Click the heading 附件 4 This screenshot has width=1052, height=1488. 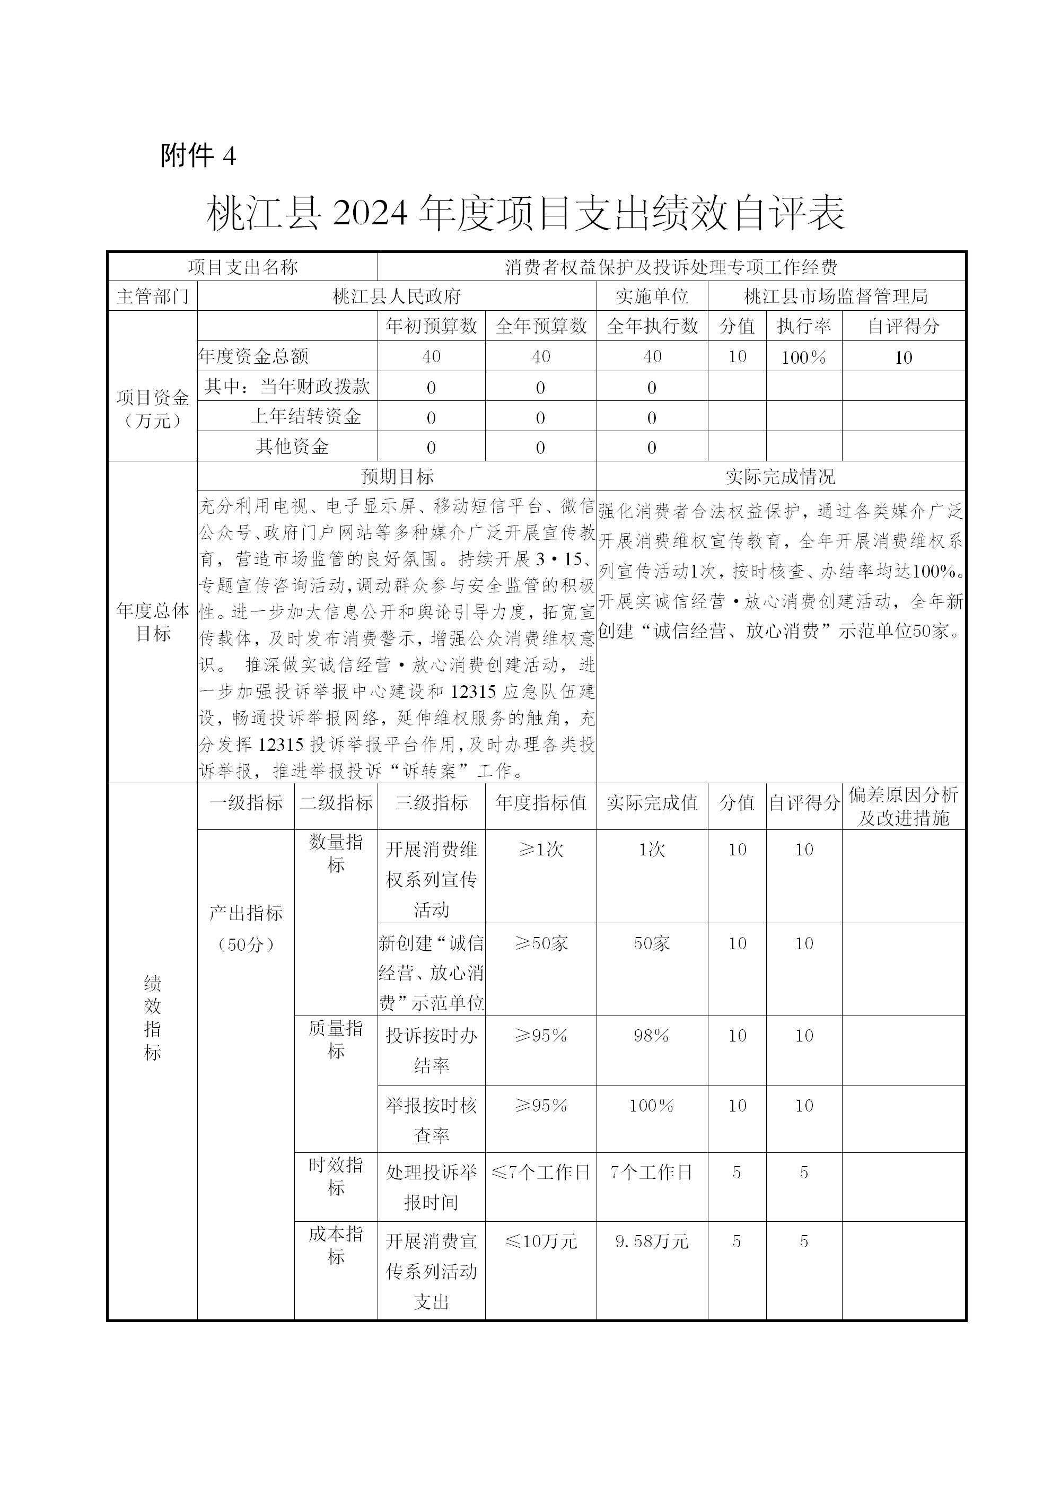point(198,155)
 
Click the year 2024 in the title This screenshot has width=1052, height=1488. point(370,213)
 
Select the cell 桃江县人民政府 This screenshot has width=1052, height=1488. point(397,296)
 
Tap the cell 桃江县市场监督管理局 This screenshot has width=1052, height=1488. point(836,296)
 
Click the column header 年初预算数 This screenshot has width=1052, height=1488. point(431,326)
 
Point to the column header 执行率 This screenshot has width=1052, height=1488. point(804,326)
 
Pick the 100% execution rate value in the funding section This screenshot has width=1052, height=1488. point(804,357)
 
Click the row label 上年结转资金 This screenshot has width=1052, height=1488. point(306,416)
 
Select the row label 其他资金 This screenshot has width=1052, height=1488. point(292,447)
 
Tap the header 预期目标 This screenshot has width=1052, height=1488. point(397,477)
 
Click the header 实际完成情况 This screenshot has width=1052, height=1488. point(781,477)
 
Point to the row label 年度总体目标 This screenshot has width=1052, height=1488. point(153,622)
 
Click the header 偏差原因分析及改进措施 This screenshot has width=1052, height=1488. point(904,806)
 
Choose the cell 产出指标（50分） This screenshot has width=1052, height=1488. point(246,928)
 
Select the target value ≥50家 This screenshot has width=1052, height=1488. point(541,943)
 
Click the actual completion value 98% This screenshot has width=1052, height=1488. point(652,1036)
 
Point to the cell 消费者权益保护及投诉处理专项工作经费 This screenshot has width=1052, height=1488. point(671,266)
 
